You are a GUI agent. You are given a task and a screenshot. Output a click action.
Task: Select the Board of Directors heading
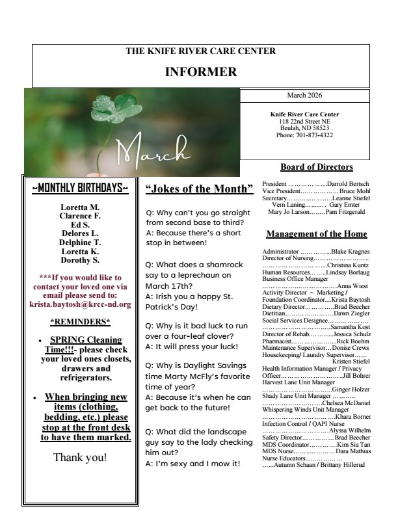[316, 167]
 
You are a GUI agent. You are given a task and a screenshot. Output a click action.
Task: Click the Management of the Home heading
[317, 234]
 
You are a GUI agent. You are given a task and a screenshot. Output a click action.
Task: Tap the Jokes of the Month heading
[199, 189]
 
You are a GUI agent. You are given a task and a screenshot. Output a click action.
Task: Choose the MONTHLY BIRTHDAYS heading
[80, 189]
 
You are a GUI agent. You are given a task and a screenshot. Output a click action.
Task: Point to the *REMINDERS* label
[80, 321]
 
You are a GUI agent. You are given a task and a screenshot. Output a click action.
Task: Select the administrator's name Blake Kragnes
[351, 251]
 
